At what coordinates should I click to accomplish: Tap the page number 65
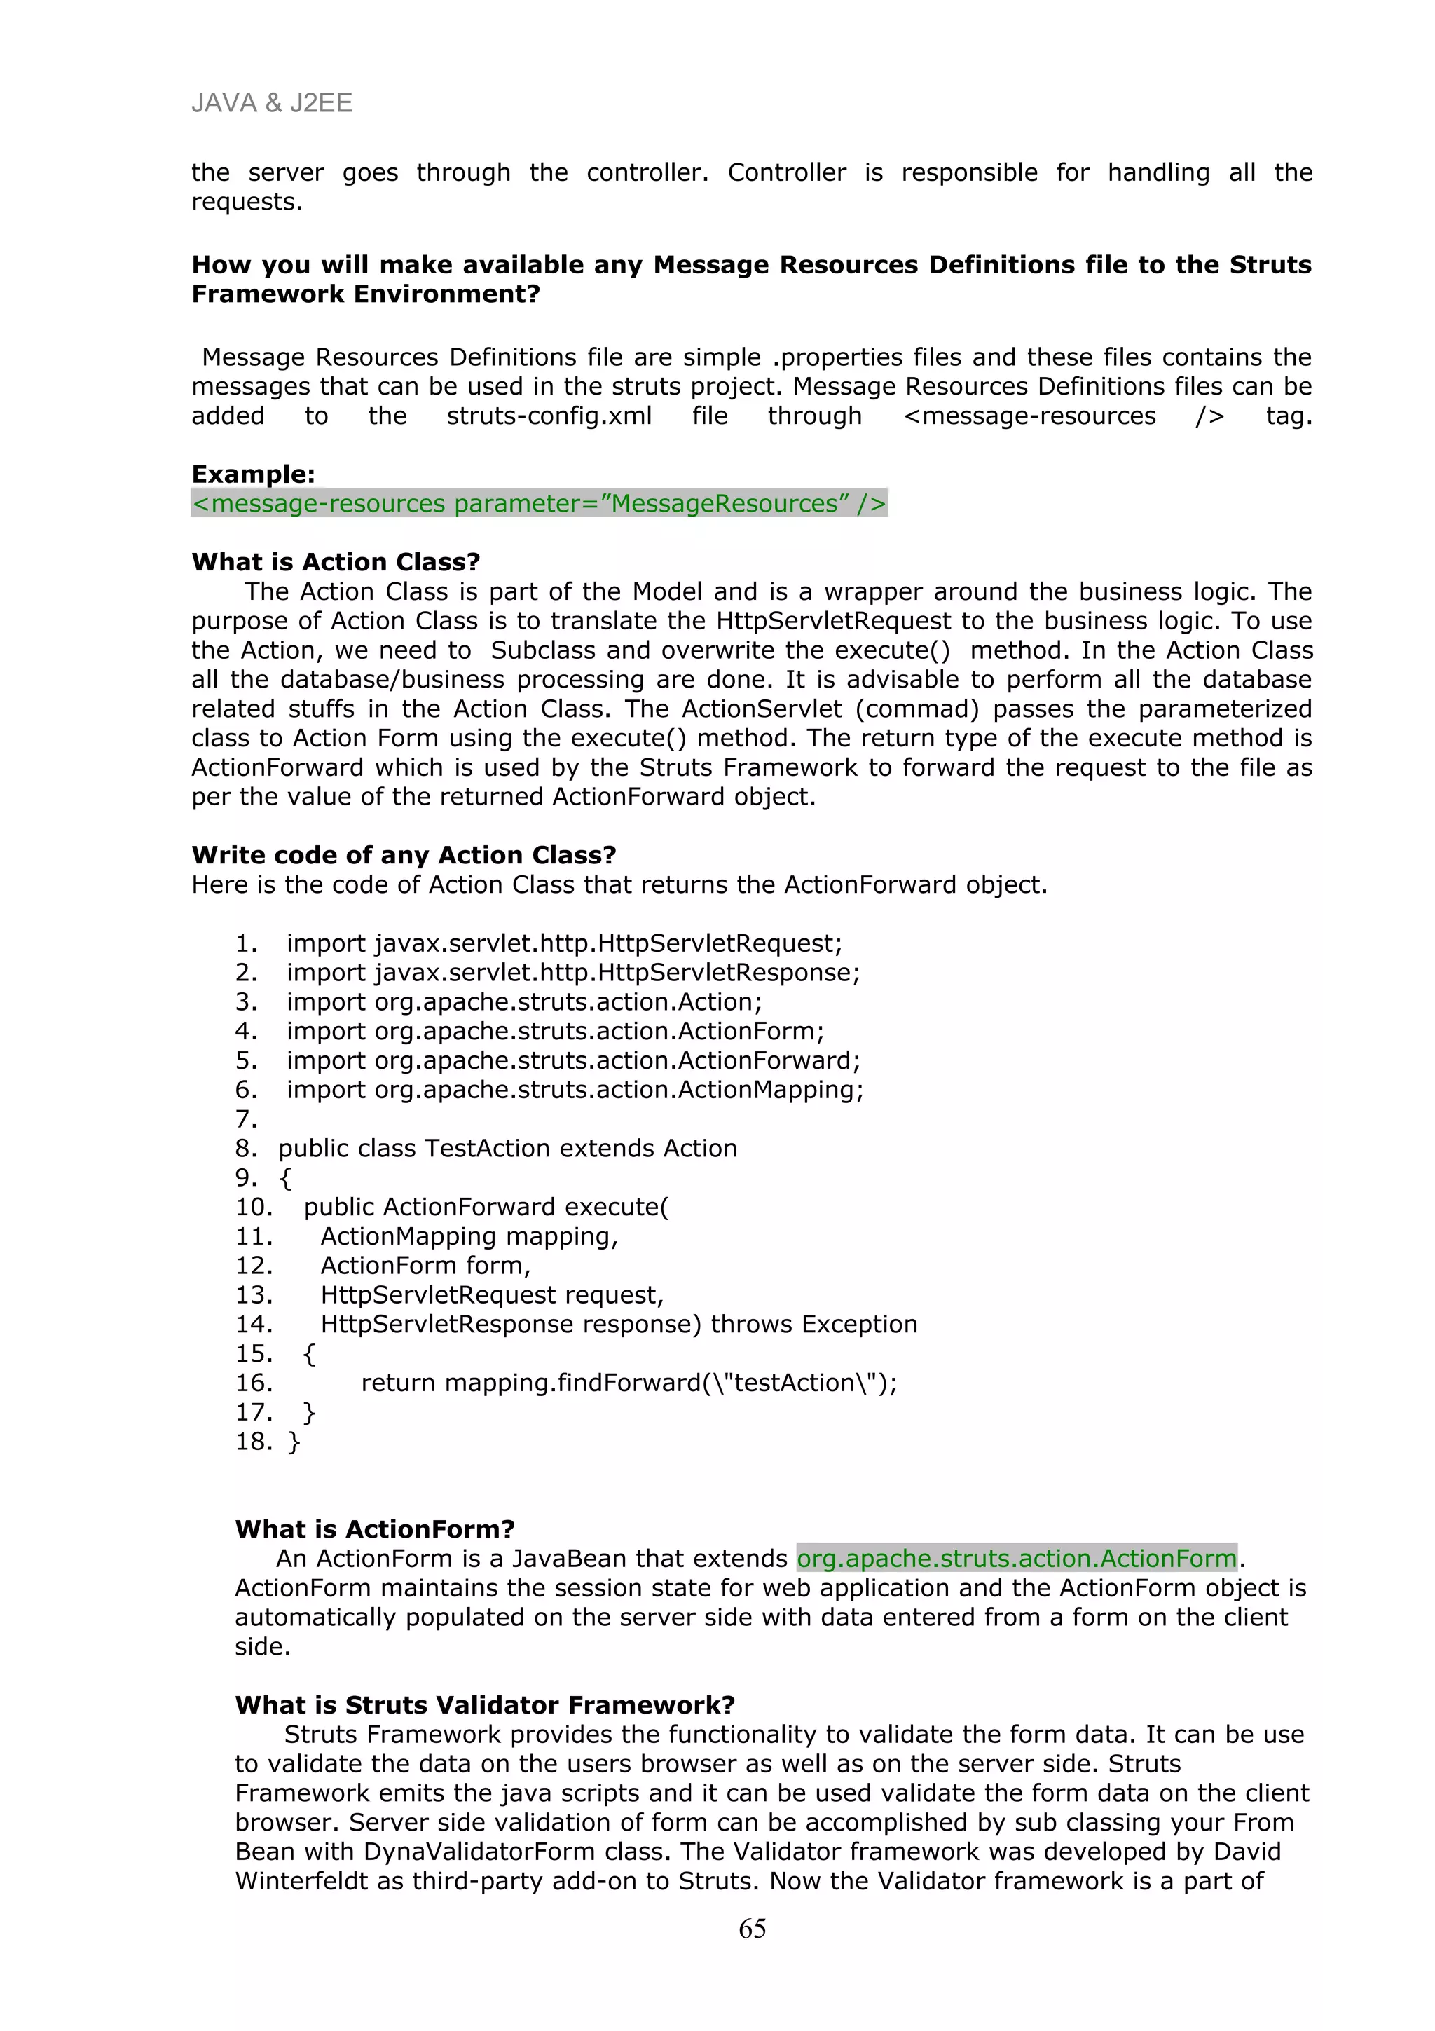(752, 1929)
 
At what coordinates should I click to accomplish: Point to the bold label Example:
(253, 474)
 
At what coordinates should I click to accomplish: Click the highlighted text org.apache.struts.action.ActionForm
(1016, 1559)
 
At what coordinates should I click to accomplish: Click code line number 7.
(246, 1120)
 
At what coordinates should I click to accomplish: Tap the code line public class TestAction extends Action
(507, 1149)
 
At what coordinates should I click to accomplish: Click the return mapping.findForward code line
(629, 1383)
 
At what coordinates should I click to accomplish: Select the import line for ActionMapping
(575, 1090)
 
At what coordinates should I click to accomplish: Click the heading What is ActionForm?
(375, 1529)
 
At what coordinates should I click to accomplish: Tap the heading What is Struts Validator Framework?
(484, 1706)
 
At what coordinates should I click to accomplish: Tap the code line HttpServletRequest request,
(492, 1295)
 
